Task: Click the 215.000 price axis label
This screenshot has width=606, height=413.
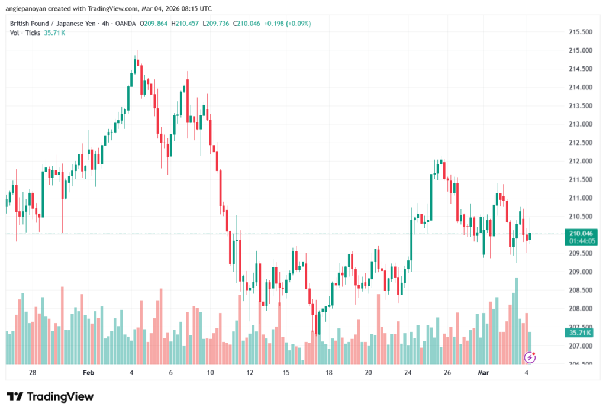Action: (x=579, y=50)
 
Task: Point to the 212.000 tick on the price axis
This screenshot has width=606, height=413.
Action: (x=579, y=161)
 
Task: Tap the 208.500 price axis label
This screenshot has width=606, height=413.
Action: (x=579, y=290)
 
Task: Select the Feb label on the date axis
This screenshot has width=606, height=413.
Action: (x=88, y=372)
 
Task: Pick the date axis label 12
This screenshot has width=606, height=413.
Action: (x=250, y=372)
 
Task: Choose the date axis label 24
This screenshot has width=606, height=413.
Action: (x=408, y=372)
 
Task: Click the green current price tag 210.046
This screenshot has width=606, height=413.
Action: (x=579, y=233)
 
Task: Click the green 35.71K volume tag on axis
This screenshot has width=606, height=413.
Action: (x=579, y=333)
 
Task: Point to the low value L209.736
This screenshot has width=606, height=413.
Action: (x=217, y=24)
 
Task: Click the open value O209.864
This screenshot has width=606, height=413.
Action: (x=153, y=24)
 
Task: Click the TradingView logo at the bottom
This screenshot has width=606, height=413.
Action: (x=50, y=396)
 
